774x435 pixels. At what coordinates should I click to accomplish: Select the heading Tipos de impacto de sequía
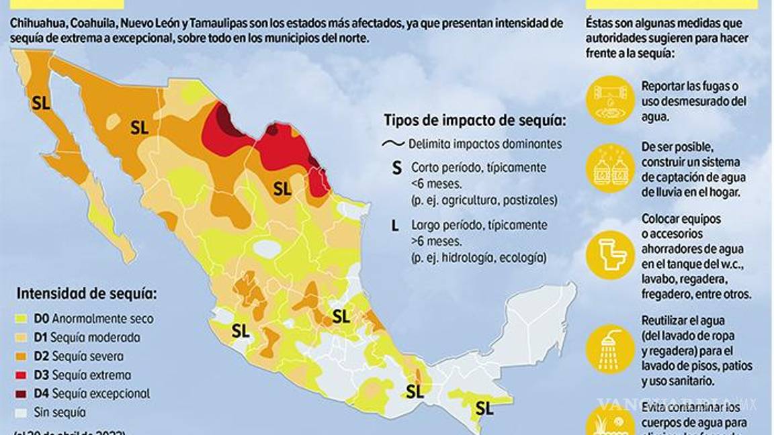coord(474,121)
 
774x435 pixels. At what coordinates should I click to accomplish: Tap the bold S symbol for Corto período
coord(396,168)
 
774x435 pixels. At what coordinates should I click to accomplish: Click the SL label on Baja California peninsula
coord(41,103)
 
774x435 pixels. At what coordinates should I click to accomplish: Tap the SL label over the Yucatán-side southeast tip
coord(484,407)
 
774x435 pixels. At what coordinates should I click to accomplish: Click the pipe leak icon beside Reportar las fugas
coord(610,99)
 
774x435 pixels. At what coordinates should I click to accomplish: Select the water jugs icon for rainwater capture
coord(610,168)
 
